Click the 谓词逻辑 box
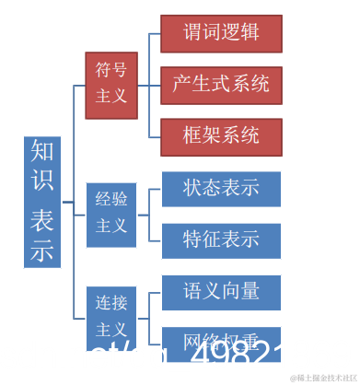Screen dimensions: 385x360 221,33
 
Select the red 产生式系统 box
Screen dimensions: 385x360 221,85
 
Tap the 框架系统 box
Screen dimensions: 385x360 221,135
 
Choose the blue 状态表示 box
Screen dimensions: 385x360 221,189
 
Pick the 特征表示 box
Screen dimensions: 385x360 221,240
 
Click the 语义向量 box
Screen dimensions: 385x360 221,292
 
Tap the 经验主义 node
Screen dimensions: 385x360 111,211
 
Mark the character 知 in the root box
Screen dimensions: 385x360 42,151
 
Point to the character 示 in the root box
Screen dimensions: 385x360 42,249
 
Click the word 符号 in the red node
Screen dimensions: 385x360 111,68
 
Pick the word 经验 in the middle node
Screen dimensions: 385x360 111,198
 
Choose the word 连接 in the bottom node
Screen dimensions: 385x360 111,301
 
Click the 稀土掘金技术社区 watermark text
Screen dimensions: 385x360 323,378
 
